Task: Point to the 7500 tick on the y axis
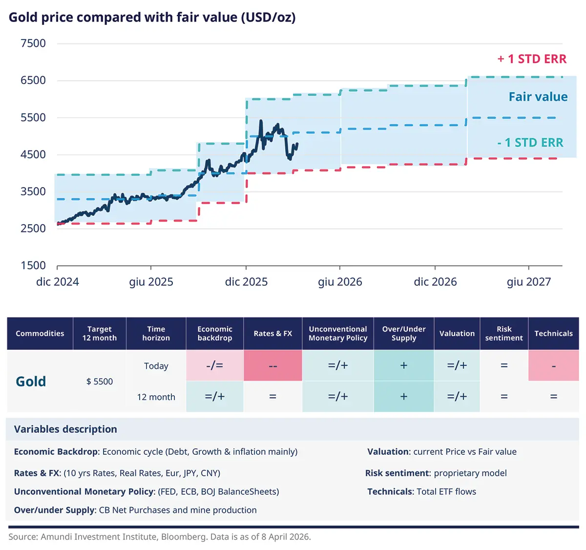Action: [33, 43]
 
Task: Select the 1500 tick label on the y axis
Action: [33, 265]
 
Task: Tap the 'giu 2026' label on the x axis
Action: [340, 282]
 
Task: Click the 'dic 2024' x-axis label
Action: [58, 282]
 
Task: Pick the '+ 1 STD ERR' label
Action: [532, 59]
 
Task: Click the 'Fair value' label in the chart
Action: [538, 97]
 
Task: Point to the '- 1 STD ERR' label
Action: [530, 143]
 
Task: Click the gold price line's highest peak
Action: [261, 121]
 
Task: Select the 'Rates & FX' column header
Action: [272, 334]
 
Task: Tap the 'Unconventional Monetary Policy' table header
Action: [338, 334]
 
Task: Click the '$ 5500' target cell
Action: [100, 381]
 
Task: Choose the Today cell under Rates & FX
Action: [272, 366]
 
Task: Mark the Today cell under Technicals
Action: [553, 366]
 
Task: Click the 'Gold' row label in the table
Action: [31, 381]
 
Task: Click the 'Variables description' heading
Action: [65, 429]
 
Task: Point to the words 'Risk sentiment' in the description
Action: [397, 473]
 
